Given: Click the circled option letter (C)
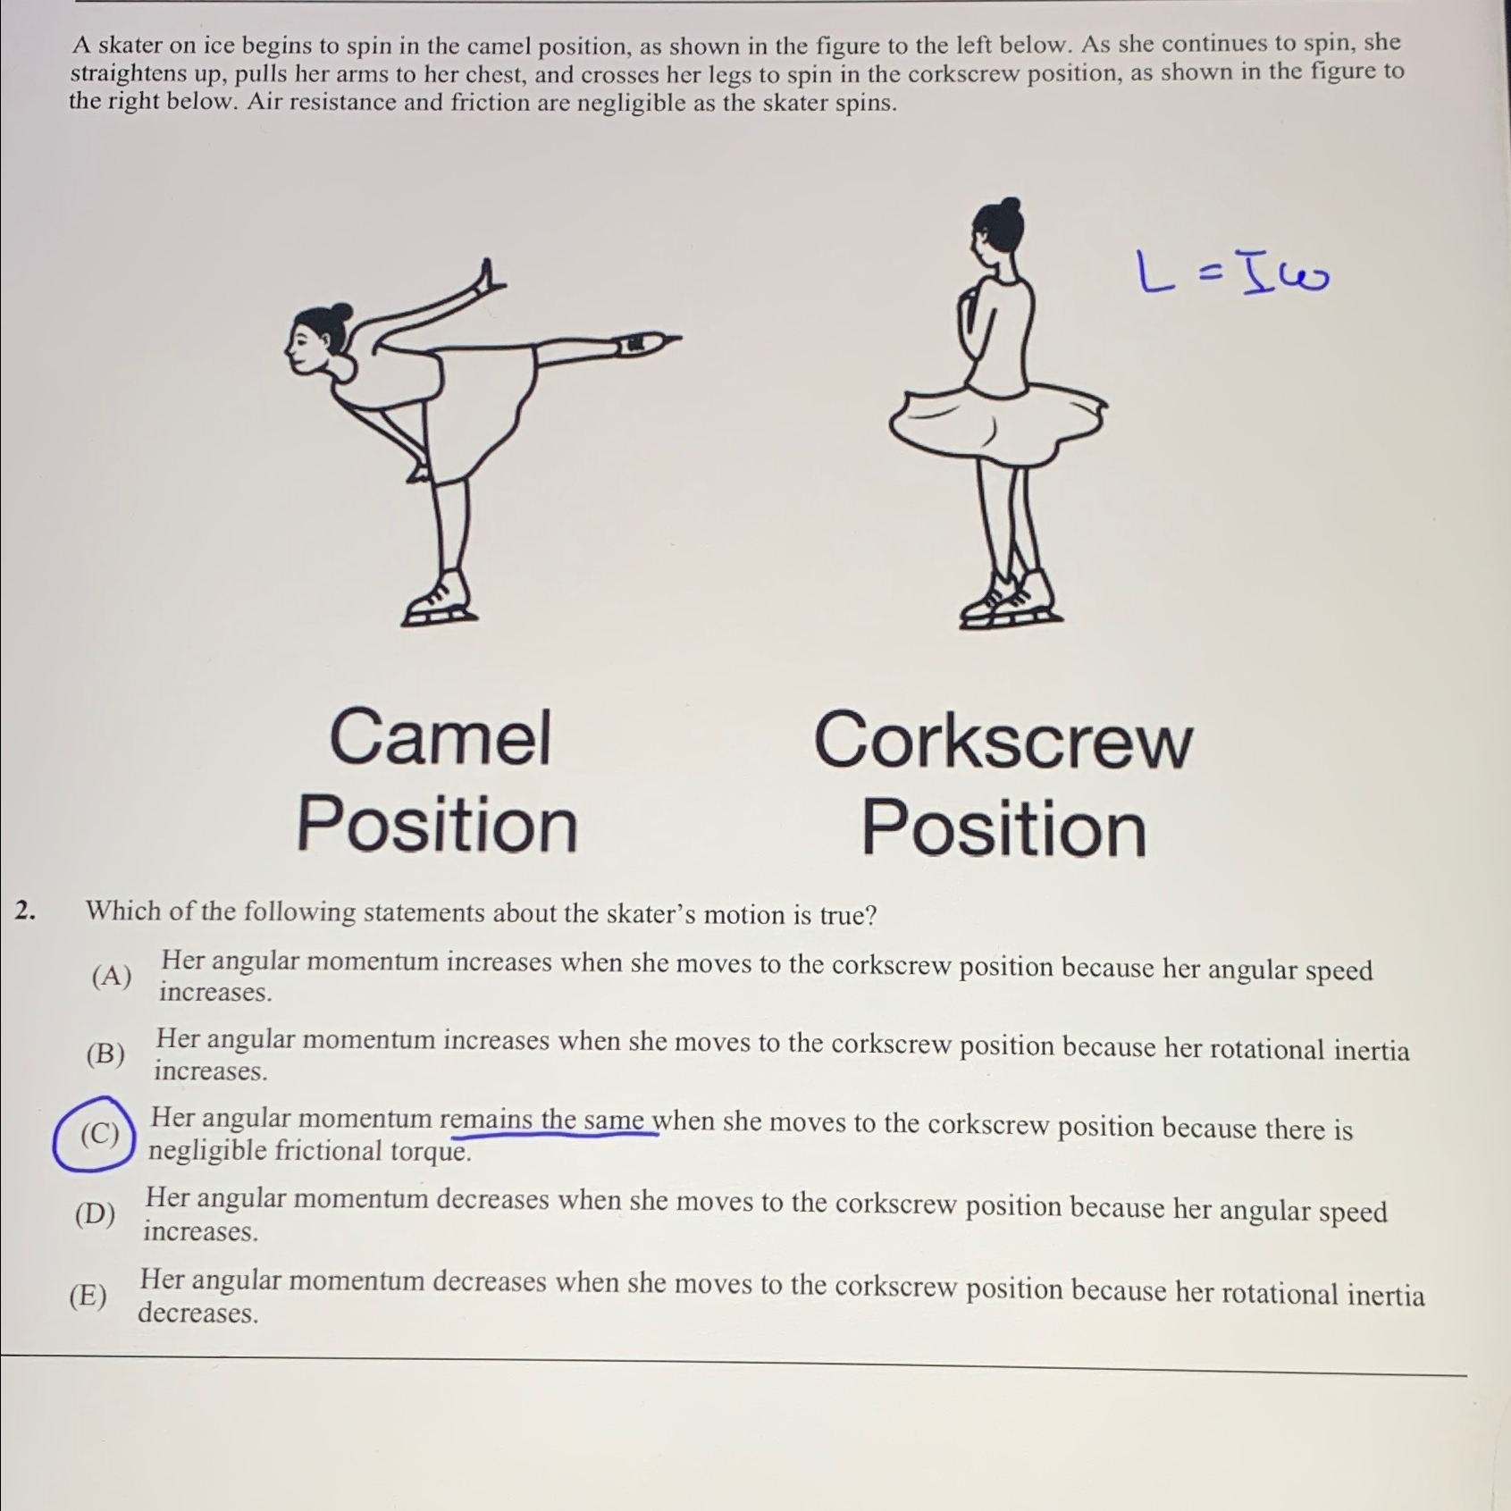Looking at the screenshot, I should click(x=98, y=1134).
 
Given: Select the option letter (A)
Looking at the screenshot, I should click(x=111, y=976).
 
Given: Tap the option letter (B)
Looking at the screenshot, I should click(x=105, y=1054).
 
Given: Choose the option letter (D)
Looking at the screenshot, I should click(x=95, y=1214).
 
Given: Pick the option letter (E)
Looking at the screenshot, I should click(x=88, y=1295).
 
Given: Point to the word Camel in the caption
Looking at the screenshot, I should click(x=440, y=738).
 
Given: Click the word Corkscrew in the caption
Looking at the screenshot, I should click(x=1002, y=742).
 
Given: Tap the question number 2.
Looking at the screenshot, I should click(x=25, y=911).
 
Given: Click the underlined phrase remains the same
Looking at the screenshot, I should click(x=554, y=1120).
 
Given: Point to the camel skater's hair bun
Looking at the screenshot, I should click(x=340, y=314).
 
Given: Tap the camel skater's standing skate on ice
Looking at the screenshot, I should click(x=438, y=603).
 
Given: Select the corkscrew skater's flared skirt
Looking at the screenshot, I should click(x=996, y=420).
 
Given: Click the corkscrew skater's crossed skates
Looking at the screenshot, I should click(x=1011, y=600).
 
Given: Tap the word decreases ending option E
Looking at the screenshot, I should click(x=197, y=1313).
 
